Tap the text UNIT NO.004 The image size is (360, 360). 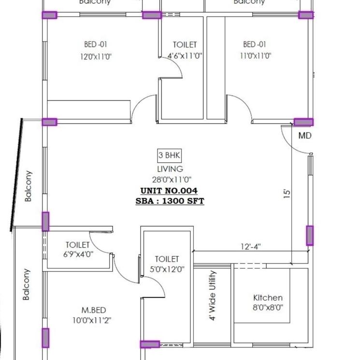[x=169, y=191]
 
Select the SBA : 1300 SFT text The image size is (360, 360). [x=170, y=201]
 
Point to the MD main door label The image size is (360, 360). [x=305, y=136]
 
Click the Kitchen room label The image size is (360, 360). [x=268, y=298]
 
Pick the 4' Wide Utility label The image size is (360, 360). [x=213, y=295]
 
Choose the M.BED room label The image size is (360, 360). [x=94, y=310]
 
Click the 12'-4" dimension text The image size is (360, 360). [x=251, y=247]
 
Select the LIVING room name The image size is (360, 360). [x=170, y=169]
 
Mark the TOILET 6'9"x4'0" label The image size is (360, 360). [x=78, y=249]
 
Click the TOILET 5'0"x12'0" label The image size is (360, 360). [x=167, y=264]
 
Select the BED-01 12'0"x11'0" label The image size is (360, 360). [x=96, y=50]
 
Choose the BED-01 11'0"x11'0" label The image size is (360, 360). [x=255, y=50]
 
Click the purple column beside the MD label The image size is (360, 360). [x=303, y=122]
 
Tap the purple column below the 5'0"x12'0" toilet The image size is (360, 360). [x=150, y=345]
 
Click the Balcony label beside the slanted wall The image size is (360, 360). [x=28, y=186]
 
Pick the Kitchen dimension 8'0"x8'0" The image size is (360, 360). [x=268, y=307]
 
